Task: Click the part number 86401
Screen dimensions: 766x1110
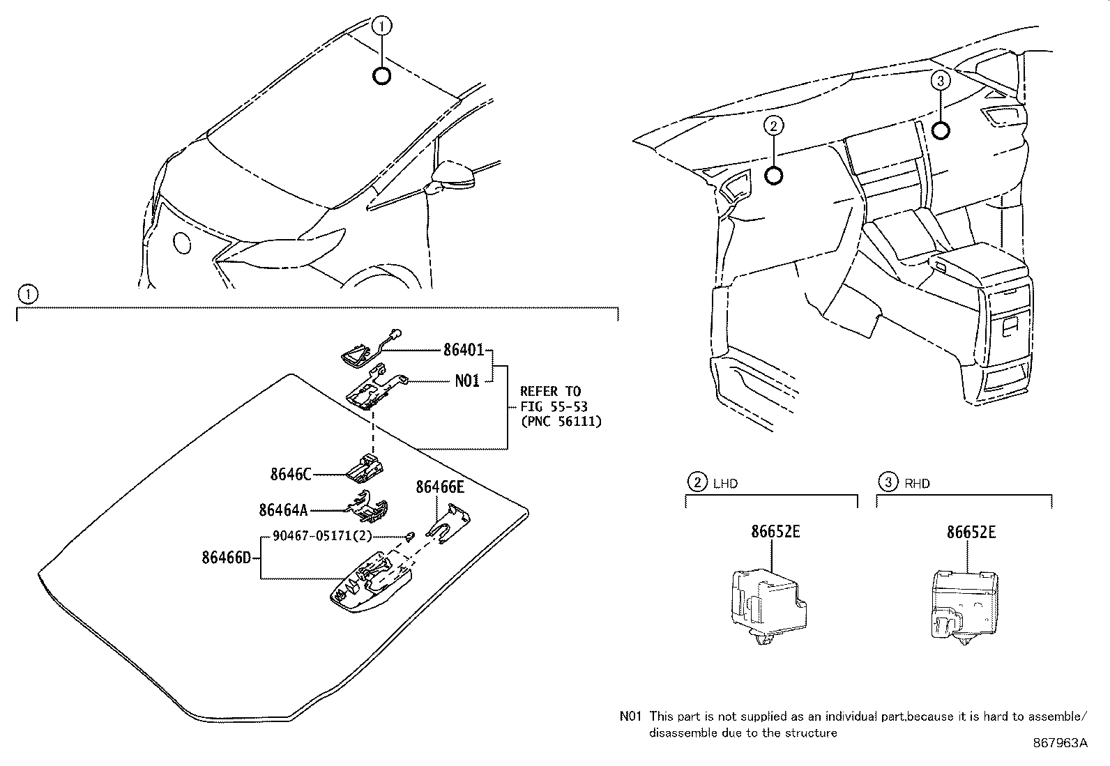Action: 464,350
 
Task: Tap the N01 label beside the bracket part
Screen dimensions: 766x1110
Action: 467,381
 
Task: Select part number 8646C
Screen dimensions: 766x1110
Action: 291,475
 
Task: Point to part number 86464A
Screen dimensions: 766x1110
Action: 283,510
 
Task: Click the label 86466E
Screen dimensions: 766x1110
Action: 440,487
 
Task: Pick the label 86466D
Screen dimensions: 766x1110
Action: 226,558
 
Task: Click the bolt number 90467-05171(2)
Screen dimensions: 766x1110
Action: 322,536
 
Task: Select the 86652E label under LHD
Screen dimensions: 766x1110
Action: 775,532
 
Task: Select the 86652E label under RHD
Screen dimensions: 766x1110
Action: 971,533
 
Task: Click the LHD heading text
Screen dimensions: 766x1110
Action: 725,483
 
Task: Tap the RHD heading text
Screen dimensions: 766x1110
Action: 918,483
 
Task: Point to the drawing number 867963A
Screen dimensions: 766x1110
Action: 1060,743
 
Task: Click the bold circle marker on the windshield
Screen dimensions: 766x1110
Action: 382,76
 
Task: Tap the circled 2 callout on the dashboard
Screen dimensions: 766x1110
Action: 773,126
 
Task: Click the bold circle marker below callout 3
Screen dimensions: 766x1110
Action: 941,130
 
